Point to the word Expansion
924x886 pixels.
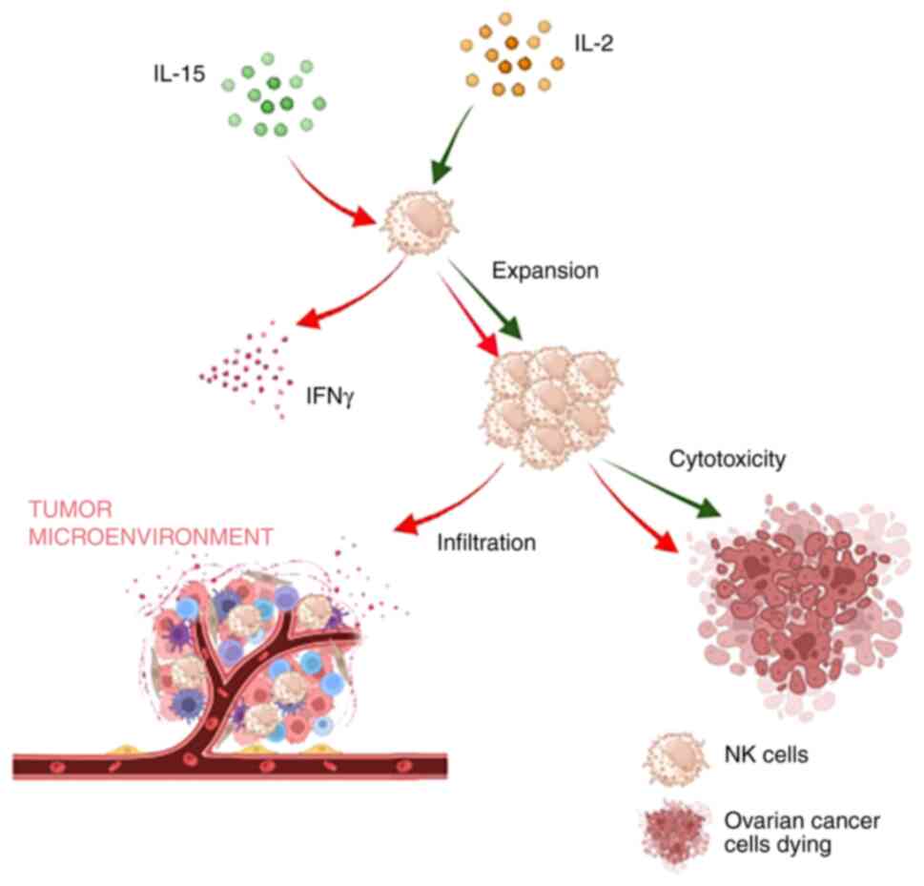coord(544,271)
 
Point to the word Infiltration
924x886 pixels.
coord(486,544)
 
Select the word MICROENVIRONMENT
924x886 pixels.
coord(143,535)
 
